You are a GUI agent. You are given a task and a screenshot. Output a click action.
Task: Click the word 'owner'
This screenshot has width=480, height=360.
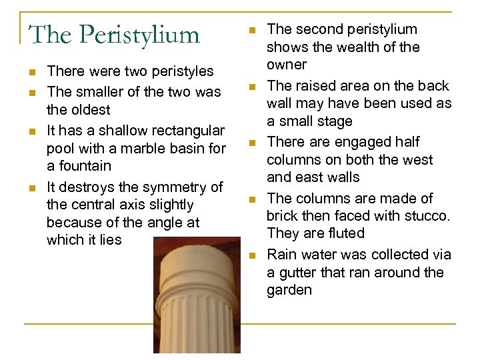pos(287,65)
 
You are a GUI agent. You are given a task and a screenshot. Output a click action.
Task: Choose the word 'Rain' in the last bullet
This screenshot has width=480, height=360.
pos(281,255)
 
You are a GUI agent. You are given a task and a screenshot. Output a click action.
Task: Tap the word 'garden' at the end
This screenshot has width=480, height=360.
pos(289,290)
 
